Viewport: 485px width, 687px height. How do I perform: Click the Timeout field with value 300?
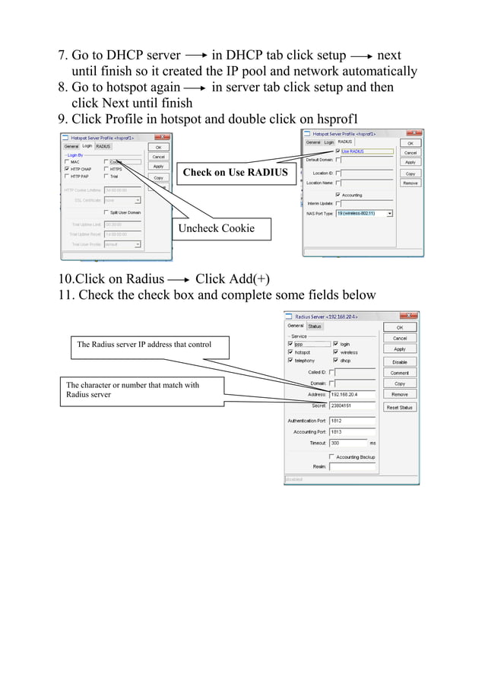[x=347, y=443]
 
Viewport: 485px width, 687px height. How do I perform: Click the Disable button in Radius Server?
[x=399, y=361]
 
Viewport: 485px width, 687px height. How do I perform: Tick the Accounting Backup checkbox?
[x=331, y=457]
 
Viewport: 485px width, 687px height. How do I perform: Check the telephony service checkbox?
[x=290, y=361]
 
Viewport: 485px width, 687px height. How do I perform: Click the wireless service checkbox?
[x=335, y=352]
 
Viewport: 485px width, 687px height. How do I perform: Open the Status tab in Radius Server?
[x=314, y=326]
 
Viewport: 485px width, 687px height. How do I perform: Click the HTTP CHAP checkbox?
[x=67, y=169]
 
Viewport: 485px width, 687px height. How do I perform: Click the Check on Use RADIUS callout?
[x=235, y=173]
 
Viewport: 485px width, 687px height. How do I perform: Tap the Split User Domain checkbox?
[x=106, y=212]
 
